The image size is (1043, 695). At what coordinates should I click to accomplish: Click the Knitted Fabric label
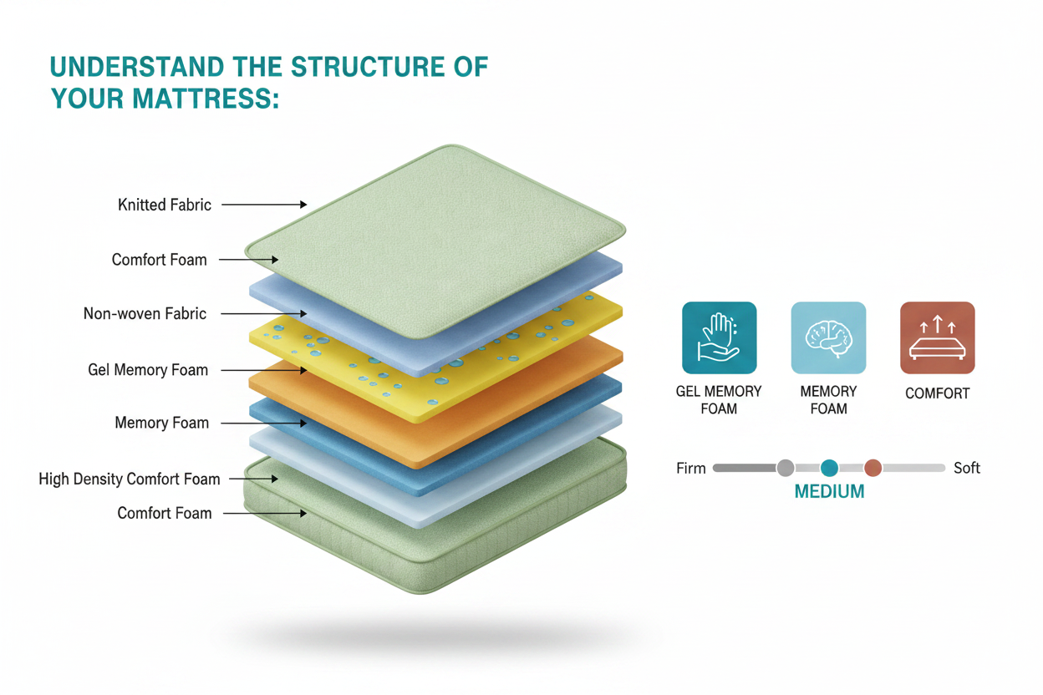coord(165,205)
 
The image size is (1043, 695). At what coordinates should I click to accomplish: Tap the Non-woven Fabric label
coord(145,314)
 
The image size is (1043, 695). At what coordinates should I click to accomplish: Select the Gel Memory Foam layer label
coord(148,370)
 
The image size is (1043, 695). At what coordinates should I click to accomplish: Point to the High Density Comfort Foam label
coord(129,479)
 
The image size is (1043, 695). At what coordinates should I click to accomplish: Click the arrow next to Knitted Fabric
coord(264,205)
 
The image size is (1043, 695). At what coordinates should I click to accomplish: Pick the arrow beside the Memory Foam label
coord(263,424)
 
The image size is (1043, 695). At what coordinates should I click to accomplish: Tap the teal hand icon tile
coord(720,337)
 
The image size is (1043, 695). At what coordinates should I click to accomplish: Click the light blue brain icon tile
coord(829,337)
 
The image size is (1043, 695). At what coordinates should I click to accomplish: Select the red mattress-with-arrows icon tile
coord(938,337)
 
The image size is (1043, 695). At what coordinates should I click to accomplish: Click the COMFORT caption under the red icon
coord(938,393)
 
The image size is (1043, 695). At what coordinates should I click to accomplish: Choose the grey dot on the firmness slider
coord(786,468)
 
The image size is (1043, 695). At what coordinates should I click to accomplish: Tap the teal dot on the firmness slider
coord(829,468)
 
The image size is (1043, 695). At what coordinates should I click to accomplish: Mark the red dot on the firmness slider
coord(873,468)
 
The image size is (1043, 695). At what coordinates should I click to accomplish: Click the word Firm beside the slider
coord(691,469)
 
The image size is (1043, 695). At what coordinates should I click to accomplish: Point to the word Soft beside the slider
coord(967,468)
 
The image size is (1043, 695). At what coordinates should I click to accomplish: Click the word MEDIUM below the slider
coord(829,491)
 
